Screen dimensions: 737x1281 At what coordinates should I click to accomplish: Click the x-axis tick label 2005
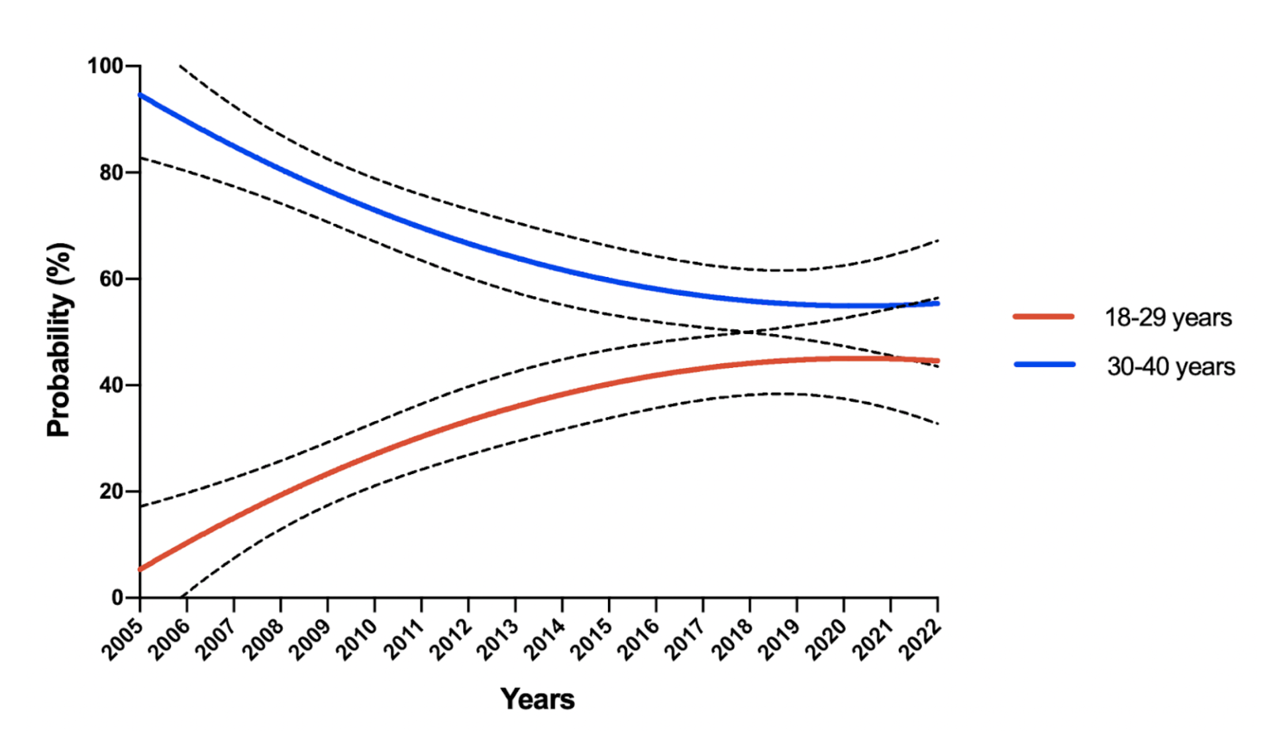click(123, 640)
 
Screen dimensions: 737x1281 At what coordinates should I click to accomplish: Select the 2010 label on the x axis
click(358, 640)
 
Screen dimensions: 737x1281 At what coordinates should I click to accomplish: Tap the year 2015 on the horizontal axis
click(591, 640)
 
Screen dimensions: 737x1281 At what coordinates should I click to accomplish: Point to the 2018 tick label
click(733, 640)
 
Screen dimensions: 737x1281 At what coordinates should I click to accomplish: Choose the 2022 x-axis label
click(920, 640)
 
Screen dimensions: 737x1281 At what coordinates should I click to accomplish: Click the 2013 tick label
click(498, 640)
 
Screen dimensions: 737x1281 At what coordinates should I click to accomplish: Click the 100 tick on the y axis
click(105, 66)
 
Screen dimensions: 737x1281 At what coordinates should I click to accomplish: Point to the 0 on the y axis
click(118, 598)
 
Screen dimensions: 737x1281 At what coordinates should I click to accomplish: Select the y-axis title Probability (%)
click(59, 340)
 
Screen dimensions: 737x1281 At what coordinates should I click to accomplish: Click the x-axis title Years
click(537, 699)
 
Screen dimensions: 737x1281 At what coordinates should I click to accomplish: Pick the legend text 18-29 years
click(1168, 317)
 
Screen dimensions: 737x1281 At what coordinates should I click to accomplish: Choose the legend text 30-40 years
click(1170, 367)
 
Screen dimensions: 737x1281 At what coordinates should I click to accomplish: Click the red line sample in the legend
click(1043, 317)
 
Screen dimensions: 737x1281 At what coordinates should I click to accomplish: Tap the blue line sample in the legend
click(1044, 365)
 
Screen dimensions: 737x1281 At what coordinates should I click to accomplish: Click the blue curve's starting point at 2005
click(141, 95)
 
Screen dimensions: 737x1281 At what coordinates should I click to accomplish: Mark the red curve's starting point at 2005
click(141, 569)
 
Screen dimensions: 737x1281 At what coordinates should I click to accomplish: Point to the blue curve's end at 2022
click(937, 304)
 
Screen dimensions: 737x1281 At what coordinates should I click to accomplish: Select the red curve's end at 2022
click(937, 361)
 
